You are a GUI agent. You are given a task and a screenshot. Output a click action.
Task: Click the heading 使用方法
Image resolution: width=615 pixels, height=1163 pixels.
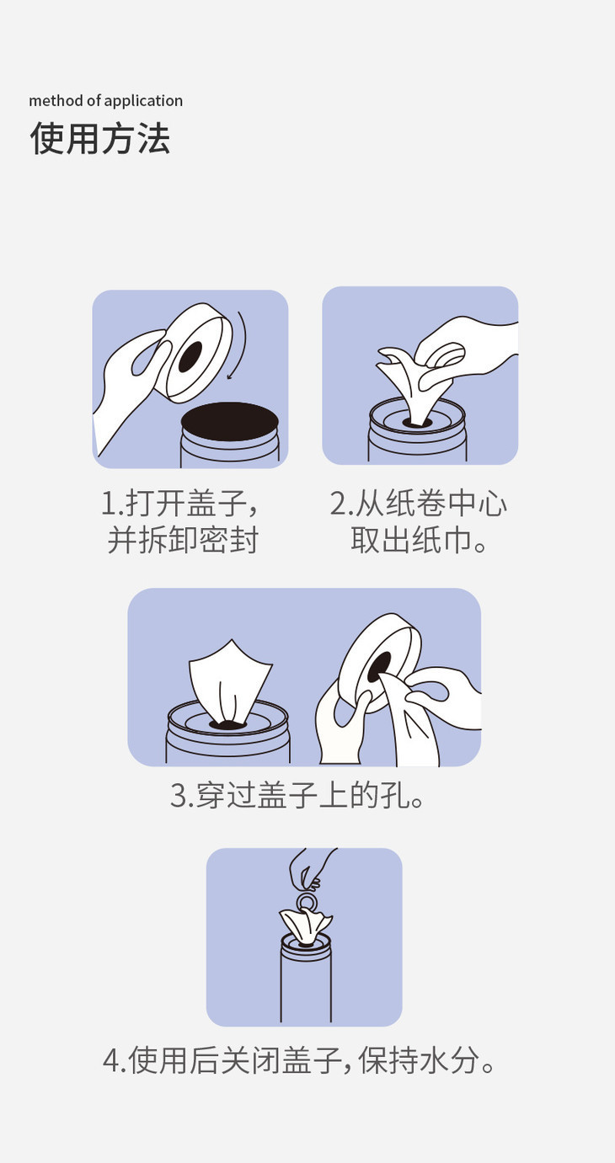tap(99, 139)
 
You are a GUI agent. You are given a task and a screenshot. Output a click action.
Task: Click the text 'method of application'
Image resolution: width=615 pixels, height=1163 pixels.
tap(106, 100)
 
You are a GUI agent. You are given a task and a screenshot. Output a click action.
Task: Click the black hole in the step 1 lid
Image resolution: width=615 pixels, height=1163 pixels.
tap(190, 357)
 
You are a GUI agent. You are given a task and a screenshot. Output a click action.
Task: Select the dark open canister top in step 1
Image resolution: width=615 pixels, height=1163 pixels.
tap(230, 422)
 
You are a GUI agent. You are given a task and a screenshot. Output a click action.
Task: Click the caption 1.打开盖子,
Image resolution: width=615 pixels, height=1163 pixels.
tap(179, 504)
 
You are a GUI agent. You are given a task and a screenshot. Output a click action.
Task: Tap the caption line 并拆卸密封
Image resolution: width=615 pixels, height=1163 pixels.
tap(183, 540)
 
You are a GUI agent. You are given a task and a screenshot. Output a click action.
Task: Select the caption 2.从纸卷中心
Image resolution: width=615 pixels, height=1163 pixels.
tap(419, 504)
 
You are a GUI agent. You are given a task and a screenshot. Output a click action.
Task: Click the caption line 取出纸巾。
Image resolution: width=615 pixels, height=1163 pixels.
tap(419, 540)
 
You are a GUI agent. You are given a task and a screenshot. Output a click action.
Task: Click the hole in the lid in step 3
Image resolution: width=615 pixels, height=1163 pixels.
tap(379, 668)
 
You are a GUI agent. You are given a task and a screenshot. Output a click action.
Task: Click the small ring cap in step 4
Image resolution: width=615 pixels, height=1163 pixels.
tap(307, 901)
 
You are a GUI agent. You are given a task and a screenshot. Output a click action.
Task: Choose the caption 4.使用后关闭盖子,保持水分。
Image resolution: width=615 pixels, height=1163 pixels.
tap(299, 1060)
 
